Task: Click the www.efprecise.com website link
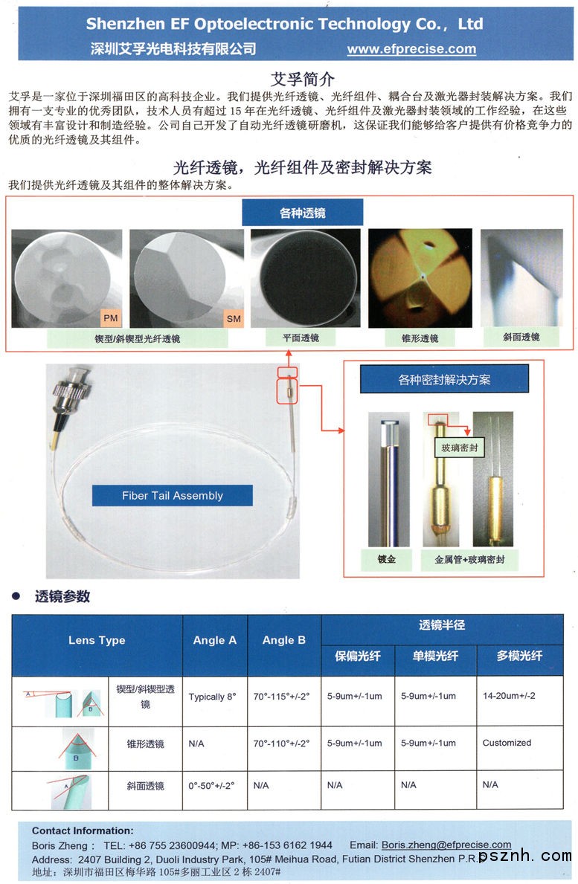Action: (x=411, y=49)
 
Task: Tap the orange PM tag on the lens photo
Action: (x=111, y=318)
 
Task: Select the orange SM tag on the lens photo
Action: (x=234, y=318)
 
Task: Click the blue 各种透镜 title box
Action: (x=302, y=213)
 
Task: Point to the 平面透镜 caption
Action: (x=301, y=338)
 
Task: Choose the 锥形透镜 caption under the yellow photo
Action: (x=420, y=338)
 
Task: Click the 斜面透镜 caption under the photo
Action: (x=521, y=337)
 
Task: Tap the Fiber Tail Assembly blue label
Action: (x=173, y=496)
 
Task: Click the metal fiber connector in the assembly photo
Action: (x=71, y=388)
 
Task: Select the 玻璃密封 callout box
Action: (x=460, y=448)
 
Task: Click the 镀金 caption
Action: (x=386, y=559)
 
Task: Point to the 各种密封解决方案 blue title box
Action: (x=444, y=379)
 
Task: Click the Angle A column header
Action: (x=215, y=640)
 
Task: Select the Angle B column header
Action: (x=284, y=640)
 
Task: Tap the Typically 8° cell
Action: (x=213, y=697)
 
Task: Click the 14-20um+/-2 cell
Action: (x=510, y=696)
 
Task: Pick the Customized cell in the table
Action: (x=507, y=743)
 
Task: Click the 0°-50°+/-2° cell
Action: (x=211, y=785)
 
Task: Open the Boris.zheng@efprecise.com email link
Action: (x=446, y=845)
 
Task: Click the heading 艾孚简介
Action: (x=302, y=79)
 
